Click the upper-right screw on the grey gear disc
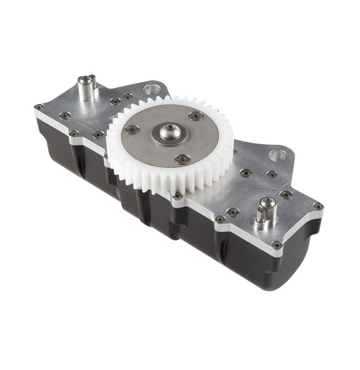click(x=196, y=116)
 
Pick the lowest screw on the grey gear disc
click(x=182, y=160)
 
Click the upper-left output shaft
click(x=87, y=88)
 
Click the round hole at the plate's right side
click(x=277, y=155)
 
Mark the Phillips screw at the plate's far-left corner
click(x=39, y=107)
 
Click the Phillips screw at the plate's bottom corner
click(x=277, y=245)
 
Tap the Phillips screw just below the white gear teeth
click(x=177, y=196)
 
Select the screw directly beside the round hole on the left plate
click(x=127, y=97)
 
